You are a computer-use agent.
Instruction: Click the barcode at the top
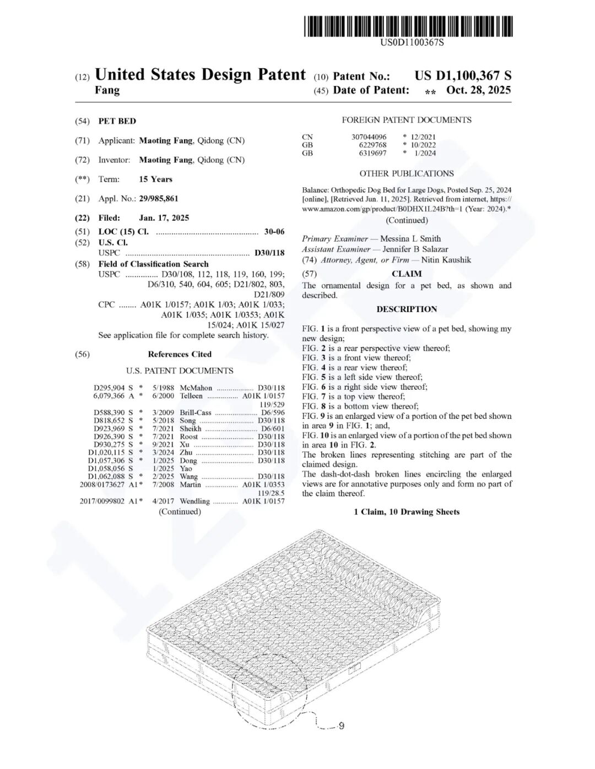408,26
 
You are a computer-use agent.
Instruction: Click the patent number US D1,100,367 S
463,76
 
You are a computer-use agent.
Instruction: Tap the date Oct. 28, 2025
478,90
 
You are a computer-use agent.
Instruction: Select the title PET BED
117,121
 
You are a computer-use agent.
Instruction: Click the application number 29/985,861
159,199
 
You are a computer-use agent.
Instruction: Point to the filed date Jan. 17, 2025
164,218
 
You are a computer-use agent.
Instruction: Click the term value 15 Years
155,179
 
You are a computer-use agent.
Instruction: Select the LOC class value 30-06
274,232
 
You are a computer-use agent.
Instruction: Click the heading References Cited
180,354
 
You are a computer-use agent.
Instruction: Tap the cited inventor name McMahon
196,388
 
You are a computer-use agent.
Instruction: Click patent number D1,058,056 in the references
106,468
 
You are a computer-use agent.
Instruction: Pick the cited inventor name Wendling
194,501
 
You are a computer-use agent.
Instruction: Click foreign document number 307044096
369,137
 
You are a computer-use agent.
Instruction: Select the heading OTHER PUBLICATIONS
407,173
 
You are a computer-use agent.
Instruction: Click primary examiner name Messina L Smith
410,239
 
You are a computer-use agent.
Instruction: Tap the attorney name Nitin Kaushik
446,260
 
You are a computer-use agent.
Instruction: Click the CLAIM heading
407,274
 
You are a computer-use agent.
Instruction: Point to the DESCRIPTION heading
407,309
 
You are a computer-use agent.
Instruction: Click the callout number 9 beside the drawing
341,726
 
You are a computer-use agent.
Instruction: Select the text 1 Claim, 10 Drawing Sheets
407,512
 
